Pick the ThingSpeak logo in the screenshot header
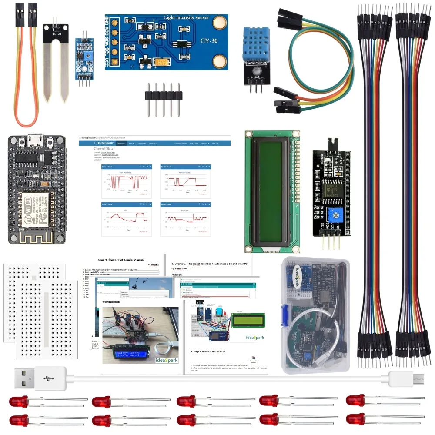pyautogui.click(x=104, y=143)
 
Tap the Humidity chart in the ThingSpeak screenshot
pyautogui.click(x=185, y=219)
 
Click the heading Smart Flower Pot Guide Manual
pyautogui.click(x=121, y=260)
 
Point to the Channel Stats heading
pyautogui.click(x=103, y=148)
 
